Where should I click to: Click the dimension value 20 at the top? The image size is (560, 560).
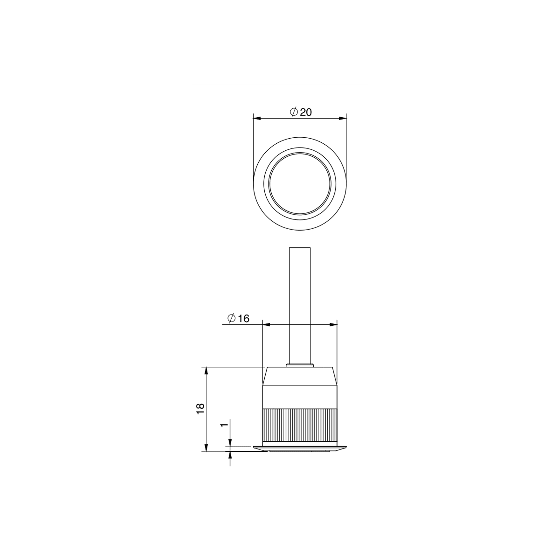pos(305,112)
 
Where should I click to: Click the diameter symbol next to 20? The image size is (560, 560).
pos(294,112)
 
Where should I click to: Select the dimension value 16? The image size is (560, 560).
pos(244,319)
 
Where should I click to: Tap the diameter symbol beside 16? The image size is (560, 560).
pos(232,318)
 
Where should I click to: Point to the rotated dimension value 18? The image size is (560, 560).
pos(200,409)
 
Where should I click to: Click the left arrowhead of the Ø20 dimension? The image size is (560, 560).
pos(257,118)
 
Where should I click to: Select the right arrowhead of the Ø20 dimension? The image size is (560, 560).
pos(343,118)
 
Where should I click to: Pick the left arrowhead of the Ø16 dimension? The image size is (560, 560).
pos(266,324)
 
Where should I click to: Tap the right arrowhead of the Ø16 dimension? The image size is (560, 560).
pos(333,324)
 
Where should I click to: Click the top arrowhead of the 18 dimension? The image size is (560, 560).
pos(206,371)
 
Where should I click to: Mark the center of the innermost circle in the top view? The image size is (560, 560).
pos(300,183)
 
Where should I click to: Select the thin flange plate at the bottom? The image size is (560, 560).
pos(300,448)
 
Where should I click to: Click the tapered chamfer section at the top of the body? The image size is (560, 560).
pos(300,377)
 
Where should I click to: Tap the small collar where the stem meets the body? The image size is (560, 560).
pos(300,366)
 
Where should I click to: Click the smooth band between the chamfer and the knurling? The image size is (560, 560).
pos(300,397)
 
